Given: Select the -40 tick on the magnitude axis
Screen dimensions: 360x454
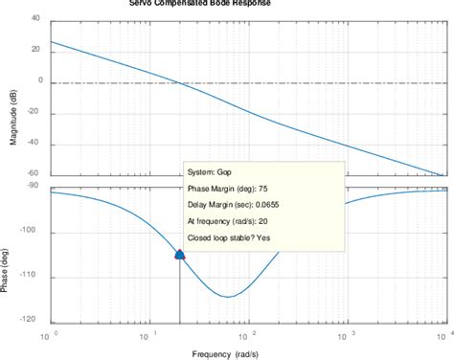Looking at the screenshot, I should (x=33, y=145).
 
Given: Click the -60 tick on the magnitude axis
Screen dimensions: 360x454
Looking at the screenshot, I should (x=33, y=176).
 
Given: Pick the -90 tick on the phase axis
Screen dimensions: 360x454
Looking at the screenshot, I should (x=33, y=185).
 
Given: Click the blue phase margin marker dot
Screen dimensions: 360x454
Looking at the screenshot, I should (x=180, y=254).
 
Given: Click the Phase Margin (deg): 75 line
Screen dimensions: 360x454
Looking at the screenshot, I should (x=233, y=191).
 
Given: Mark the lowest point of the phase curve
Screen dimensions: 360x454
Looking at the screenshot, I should (x=227, y=296).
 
